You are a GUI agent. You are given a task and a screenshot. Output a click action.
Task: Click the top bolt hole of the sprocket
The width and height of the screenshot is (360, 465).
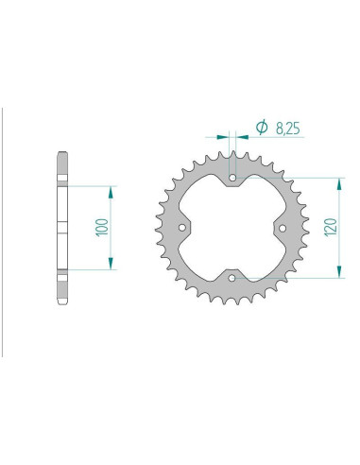point(232,178)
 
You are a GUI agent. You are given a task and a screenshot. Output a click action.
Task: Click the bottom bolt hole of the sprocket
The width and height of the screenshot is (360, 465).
point(232,278)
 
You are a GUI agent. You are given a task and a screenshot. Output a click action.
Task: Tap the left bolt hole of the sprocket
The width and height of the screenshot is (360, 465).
point(182,228)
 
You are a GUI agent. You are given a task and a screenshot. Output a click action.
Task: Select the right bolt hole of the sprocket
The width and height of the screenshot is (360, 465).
point(283,228)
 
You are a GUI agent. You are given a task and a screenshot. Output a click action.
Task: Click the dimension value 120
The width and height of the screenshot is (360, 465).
point(331,227)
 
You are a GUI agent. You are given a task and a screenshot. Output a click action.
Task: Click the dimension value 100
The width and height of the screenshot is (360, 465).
point(102,227)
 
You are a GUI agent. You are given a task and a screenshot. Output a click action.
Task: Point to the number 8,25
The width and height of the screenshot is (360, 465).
point(288,129)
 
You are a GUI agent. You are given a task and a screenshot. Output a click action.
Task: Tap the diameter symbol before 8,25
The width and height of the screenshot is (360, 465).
point(262,127)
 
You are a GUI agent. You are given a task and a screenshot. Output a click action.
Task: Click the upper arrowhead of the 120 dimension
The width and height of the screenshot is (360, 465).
point(339,184)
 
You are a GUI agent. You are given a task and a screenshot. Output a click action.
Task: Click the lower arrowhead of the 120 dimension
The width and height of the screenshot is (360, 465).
point(339,271)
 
